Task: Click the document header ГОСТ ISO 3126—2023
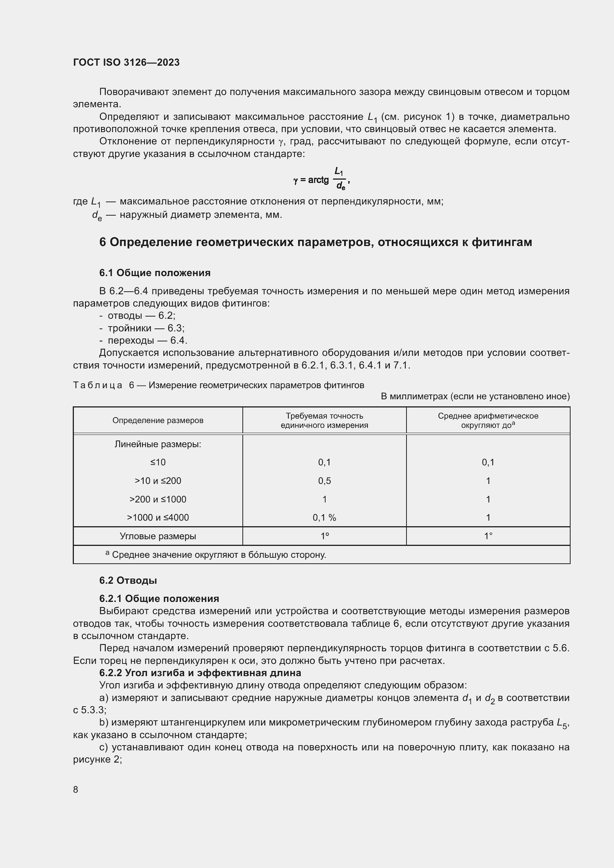click(126, 62)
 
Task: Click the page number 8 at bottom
click(76, 789)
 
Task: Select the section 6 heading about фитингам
click(315, 242)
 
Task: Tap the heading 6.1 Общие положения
click(155, 273)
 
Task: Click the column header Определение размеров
click(158, 420)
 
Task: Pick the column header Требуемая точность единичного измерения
click(324, 420)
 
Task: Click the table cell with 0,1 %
click(324, 518)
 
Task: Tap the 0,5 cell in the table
click(324, 481)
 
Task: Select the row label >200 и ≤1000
click(158, 499)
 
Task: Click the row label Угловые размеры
click(158, 536)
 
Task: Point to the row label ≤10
click(158, 462)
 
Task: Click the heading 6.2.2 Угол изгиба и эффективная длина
click(200, 673)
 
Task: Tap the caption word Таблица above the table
click(98, 385)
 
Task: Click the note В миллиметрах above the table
click(475, 396)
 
